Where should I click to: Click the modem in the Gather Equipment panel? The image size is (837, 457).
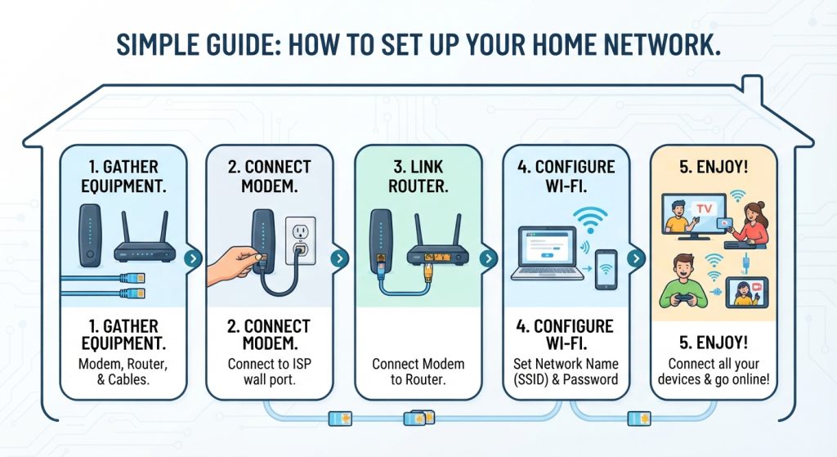point(90,235)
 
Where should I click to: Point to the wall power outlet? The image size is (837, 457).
point(301,240)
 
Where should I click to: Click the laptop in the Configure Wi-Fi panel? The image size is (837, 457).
point(548,254)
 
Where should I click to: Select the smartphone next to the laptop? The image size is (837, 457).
point(606,270)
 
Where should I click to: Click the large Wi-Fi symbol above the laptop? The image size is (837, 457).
point(590,220)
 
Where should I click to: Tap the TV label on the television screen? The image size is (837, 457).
point(704,208)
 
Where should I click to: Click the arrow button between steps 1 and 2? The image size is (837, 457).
point(193,259)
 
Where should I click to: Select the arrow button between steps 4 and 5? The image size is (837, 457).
point(635,259)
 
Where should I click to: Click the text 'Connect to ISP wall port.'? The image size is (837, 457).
point(270,372)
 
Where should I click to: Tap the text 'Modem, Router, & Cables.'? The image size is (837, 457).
point(123,372)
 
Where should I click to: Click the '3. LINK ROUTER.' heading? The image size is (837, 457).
point(418,177)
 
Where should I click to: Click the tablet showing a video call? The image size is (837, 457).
point(747,293)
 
